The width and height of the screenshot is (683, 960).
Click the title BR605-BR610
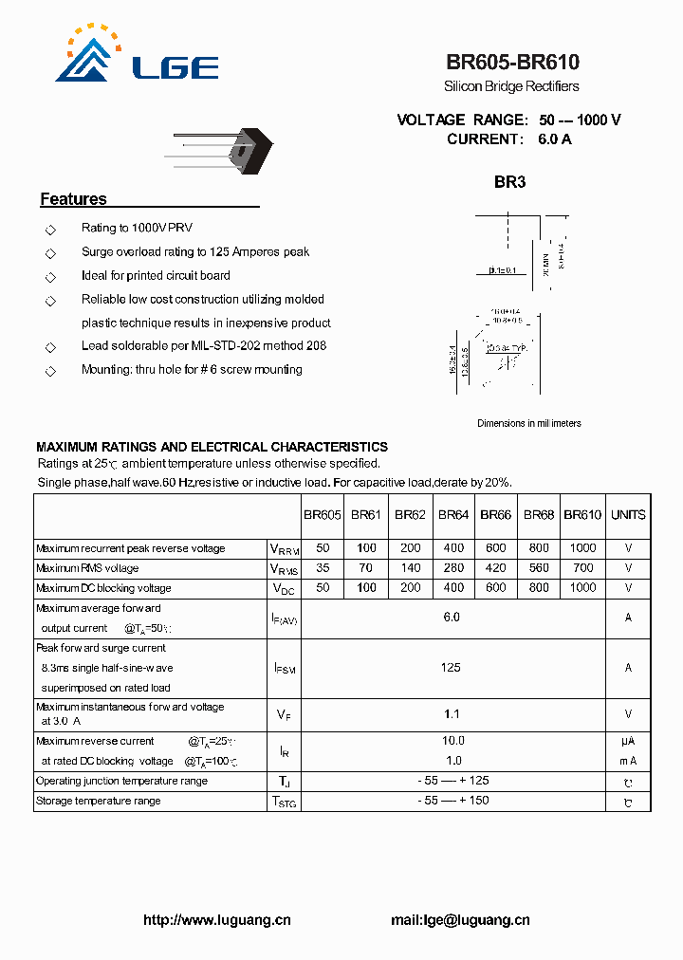tap(512, 63)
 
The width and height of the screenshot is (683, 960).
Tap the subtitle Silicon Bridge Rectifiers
tap(511, 86)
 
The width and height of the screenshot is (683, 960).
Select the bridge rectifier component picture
tap(227, 149)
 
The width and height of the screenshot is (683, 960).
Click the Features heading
tap(73, 199)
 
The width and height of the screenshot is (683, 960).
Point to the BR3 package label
tap(509, 182)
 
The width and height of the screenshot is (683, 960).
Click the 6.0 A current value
tap(555, 138)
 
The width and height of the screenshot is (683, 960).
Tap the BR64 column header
tap(453, 515)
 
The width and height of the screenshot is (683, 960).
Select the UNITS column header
tap(628, 515)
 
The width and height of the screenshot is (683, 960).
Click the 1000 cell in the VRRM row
tap(582, 548)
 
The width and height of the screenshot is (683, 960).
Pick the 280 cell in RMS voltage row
tap(453, 568)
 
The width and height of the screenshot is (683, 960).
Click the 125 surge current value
tap(451, 668)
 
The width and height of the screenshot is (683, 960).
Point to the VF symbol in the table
tap(284, 714)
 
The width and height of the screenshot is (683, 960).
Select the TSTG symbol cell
tap(284, 802)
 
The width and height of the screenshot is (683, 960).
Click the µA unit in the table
tap(628, 741)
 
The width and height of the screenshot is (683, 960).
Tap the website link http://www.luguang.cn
tap(216, 920)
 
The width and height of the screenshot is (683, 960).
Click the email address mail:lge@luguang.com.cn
tap(460, 920)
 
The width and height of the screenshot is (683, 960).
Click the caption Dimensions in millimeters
tap(528, 423)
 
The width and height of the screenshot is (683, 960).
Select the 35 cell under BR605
tap(323, 568)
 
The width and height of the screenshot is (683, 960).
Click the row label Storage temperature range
tap(98, 801)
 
